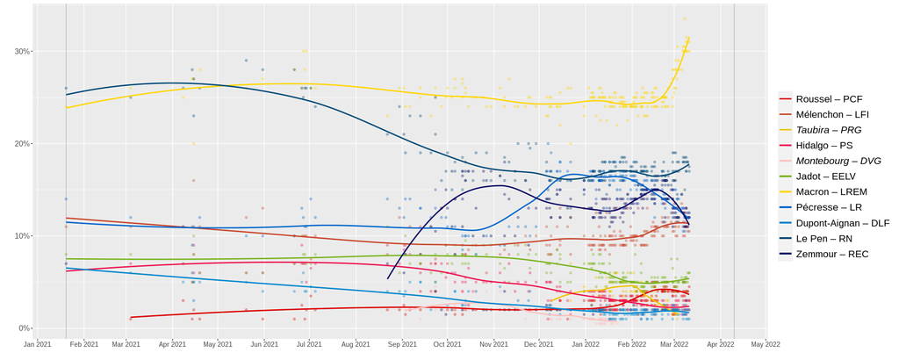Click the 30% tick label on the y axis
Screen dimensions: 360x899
(22, 51)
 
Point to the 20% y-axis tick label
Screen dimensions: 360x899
(22, 144)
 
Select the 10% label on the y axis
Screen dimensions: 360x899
(22, 236)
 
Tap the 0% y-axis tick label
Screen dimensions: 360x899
(25, 328)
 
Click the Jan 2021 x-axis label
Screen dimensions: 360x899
(38, 344)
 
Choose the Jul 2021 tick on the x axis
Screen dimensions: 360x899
(307, 344)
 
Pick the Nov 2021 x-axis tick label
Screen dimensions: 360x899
(492, 344)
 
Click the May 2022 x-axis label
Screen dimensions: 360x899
(766, 344)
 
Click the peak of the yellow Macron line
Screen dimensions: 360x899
(689, 37)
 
